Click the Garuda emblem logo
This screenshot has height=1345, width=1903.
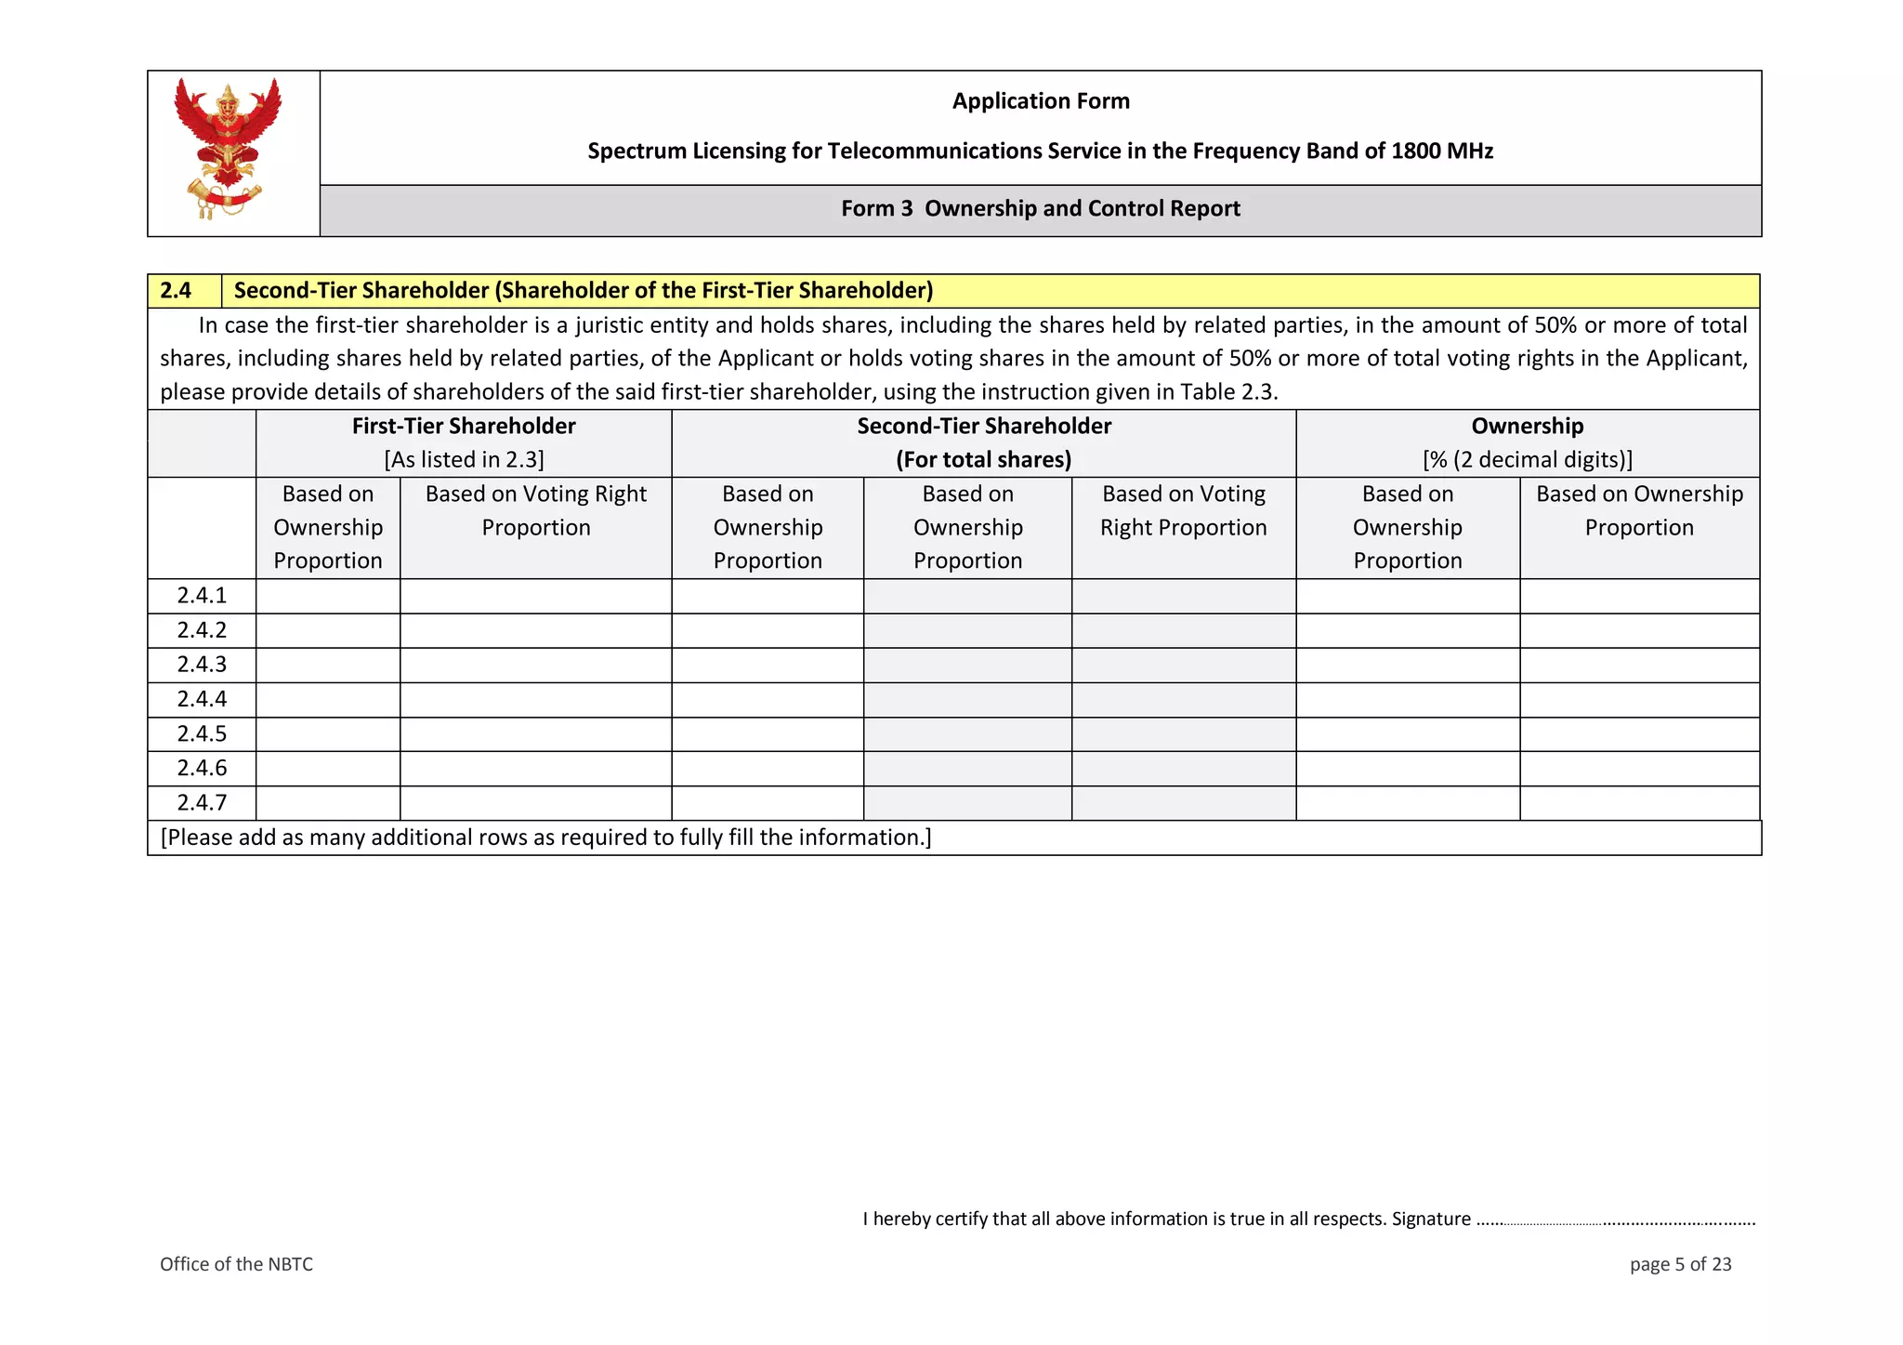[x=228, y=149]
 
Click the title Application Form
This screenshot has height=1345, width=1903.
[x=1041, y=101]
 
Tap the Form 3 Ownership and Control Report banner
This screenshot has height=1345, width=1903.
[x=1041, y=208]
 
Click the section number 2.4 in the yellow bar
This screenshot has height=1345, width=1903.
[x=176, y=291]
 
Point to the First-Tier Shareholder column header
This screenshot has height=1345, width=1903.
[x=464, y=427]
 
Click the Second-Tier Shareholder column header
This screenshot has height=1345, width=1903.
[x=984, y=427]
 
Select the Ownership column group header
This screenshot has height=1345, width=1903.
[x=1528, y=427]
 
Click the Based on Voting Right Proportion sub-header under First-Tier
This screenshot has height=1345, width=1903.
[x=536, y=510]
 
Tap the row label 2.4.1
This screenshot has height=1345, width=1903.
[x=202, y=596]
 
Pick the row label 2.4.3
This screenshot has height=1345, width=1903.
[x=202, y=665]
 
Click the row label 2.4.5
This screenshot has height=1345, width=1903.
[x=202, y=734]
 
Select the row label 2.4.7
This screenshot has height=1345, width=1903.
[x=202, y=803]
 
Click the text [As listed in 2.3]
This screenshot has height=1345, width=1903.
[x=464, y=460]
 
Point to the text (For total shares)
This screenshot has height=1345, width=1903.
[x=984, y=460]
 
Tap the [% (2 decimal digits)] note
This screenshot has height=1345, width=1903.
[x=1528, y=460]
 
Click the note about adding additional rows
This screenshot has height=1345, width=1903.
[x=545, y=837]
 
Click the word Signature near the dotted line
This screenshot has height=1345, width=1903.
[x=1431, y=1220]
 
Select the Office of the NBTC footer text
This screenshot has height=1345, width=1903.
[x=236, y=1264]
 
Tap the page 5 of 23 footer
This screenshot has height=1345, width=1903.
[x=1680, y=1264]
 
